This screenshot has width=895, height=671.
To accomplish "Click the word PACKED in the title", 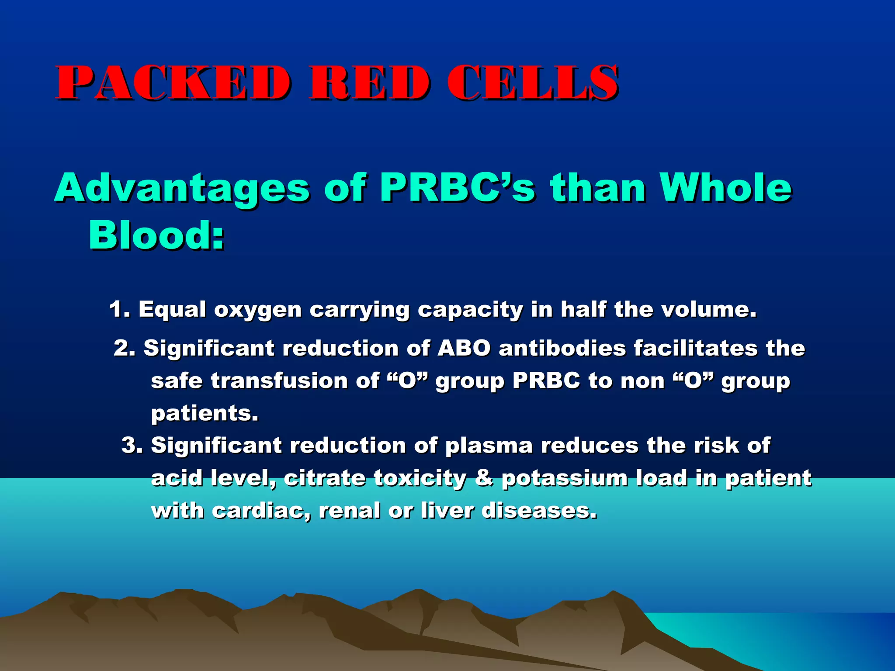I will pyautogui.click(x=173, y=83).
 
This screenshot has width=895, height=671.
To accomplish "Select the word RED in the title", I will pyautogui.click(x=369, y=83).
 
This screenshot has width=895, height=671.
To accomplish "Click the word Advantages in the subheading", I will pyautogui.click(x=182, y=188).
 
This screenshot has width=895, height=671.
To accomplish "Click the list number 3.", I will pyautogui.click(x=132, y=445).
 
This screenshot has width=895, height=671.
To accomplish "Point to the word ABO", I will pyautogui.click(x=464, y=348).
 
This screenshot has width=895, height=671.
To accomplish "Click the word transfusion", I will pyautogui.click(x=279, y=380).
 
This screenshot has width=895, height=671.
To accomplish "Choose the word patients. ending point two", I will pyautogui.click(x=205, y=413).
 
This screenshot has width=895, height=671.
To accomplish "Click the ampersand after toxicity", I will pyautogui.click(x=484, y=477).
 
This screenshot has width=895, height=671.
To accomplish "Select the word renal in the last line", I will pyautogui.click(x=349, y=510).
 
